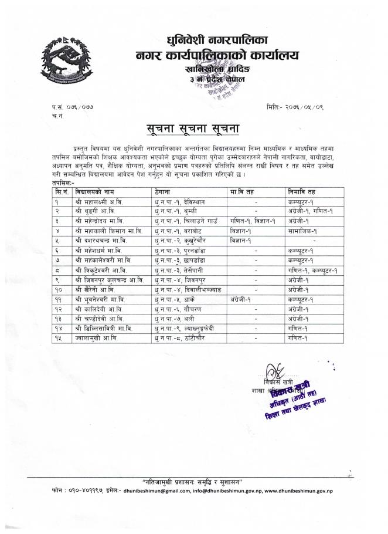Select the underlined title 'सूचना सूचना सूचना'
[193, 127]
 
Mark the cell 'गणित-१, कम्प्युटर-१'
[311, 268]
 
